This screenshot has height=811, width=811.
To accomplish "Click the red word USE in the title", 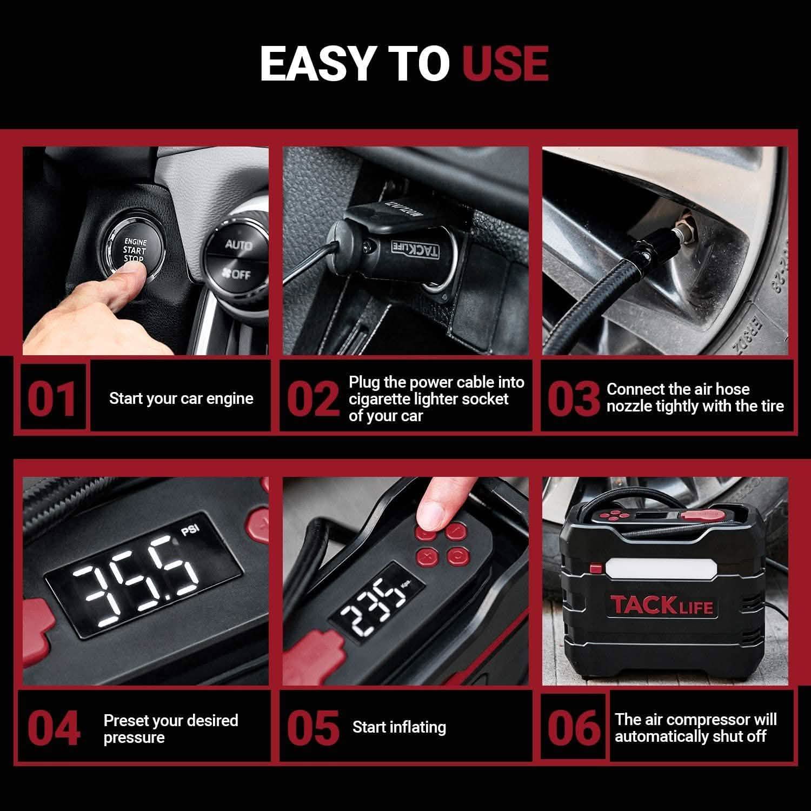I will pyautogui.click(x=505, y=63).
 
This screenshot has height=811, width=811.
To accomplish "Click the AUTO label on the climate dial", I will pyautogui.click(x=238, y=245).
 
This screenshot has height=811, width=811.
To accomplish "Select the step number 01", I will pyautogui.click(x=52, y=398).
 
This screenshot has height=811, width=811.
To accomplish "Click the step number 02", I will pyautogui.click(x=313, y=398).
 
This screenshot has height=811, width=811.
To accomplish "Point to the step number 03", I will pyautogui.click(x=573, y=398).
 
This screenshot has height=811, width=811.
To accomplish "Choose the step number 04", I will pyautogui.click(x=54, y=727).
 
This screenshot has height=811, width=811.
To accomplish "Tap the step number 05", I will pyautogui.click(x=313, y=727).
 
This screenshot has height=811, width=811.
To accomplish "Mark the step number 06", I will pyautogui.click(x=574, y=727).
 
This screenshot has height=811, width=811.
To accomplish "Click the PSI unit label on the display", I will pyautogui.click(x=189, y=530).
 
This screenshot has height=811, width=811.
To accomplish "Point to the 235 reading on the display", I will pyautogui.click(x=373, y=600).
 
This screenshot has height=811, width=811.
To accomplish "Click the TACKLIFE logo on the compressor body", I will pyautogui.click(x=661, y=604).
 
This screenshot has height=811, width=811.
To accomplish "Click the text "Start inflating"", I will pyautogui.click(x=399, y=727).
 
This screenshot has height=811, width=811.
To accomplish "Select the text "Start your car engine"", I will pyautogui.click(x=181, y=398).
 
